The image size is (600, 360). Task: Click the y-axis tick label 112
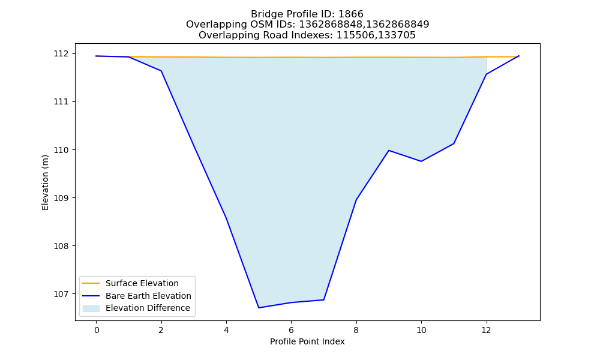61,53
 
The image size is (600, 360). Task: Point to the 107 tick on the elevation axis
61,294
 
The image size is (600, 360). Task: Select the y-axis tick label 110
61,150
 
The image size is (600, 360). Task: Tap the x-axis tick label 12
486,330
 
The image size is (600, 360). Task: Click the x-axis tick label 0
97,330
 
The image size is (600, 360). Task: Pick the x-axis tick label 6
291,330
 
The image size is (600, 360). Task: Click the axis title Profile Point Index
307,341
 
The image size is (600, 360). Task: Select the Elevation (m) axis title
45,182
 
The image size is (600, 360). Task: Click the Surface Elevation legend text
142,283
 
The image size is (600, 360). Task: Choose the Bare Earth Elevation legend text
148,296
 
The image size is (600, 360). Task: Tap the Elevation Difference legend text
148,308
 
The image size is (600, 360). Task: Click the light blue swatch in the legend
91,308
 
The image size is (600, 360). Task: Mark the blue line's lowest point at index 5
259,308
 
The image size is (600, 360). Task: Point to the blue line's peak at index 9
389,151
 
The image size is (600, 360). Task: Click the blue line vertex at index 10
421,161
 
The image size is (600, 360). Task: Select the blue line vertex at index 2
161,71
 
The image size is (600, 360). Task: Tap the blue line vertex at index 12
487,74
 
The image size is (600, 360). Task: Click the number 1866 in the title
351,14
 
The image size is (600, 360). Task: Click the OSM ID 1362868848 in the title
330,25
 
